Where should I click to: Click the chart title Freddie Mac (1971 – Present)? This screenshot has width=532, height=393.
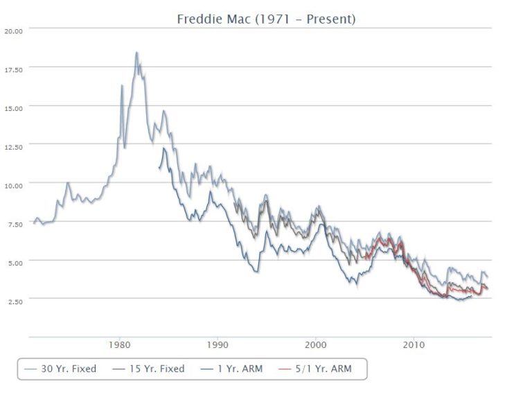click(x=266, y=19)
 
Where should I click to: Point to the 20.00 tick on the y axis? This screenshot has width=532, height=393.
click(x=14, y=30)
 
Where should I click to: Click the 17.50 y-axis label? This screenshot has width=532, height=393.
click(x=14, y=69)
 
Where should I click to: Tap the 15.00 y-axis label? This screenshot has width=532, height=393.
click(x=14, y=107)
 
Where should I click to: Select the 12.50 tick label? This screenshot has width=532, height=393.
click(x=14, y=146)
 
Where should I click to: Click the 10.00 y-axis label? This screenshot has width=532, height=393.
click(x=14, y=185)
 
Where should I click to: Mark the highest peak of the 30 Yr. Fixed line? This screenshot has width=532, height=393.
click(x=136, y=53)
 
